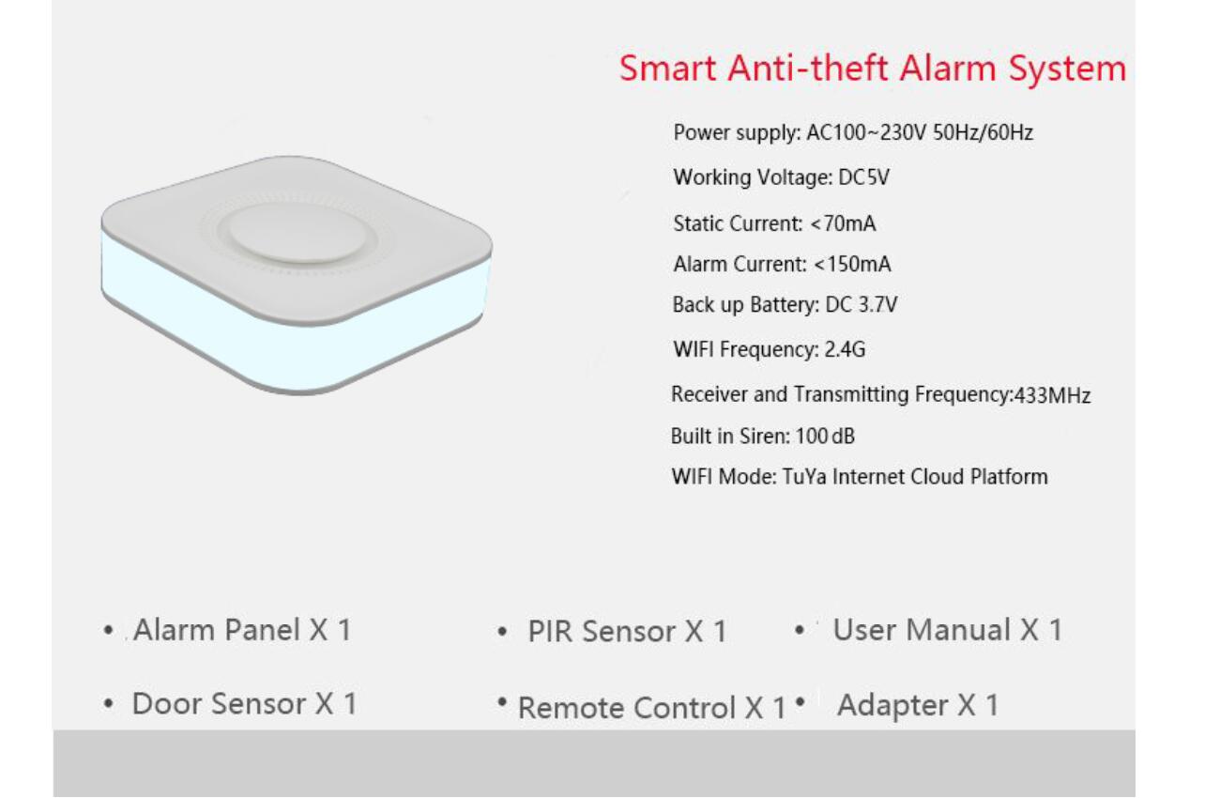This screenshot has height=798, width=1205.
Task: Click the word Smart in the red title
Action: click(667, 69)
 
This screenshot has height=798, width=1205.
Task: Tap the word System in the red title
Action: click(1067, 69)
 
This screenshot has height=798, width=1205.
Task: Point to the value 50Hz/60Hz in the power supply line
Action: click(983, 132)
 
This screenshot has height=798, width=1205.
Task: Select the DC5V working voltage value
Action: click(864, 177)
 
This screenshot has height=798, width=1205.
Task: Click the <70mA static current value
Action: click(843, 223)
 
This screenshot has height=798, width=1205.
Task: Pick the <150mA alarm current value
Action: click(853, 264)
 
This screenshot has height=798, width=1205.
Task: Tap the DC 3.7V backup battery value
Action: click(862, 304)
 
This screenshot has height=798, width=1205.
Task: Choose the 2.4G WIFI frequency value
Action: click(846, 350)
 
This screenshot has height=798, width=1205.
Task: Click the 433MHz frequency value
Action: click(1052, 395)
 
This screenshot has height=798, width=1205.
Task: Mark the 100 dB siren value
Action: click(825, 436)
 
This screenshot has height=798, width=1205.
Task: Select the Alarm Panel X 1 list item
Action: click(242, 630)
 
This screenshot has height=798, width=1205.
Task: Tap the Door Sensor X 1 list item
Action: click(245, 703)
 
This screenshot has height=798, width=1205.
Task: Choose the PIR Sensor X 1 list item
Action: click(627, 631)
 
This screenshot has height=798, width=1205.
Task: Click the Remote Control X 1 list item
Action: click(652, 707)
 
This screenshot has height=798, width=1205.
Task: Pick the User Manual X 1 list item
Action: click(948, 630)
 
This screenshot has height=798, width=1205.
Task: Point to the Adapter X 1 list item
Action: click(918, 705)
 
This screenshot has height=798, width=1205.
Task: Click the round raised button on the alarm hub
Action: click(297, 233)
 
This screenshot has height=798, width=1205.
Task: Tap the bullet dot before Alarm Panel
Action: click(109, 630)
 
